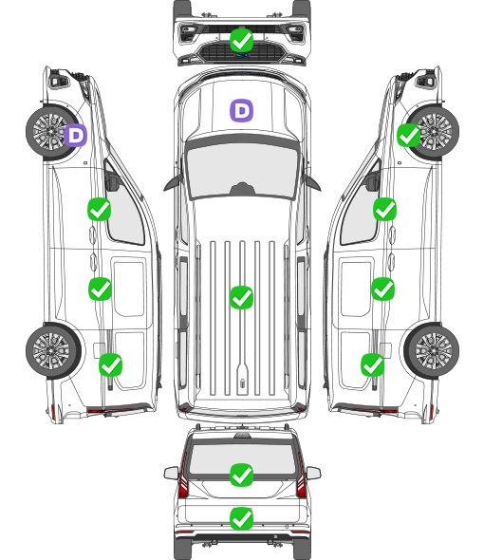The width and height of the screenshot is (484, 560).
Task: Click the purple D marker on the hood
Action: tap(241, 110)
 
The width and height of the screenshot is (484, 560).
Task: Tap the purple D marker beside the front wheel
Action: tap(76, 135)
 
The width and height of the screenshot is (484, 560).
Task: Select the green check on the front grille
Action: tap(241, 40)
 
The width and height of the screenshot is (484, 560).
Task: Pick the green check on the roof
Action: tap(241, 297)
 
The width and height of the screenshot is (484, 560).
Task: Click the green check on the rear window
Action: tap(241, 475)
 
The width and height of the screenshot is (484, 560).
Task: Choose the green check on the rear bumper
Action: tap(241, 518)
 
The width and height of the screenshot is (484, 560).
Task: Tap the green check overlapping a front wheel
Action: tap(409, 136)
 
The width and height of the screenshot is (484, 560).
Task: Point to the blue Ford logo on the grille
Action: tap(241, 55)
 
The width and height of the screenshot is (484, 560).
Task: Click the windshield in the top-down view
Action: tap(242, 171)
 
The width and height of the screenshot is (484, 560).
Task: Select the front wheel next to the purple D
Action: tap(51, 131)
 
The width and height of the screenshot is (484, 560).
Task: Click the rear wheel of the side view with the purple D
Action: tap(53, 350)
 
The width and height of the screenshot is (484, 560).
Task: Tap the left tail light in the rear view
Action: tap(183, 476)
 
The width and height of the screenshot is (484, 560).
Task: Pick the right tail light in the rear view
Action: tap(301, 476)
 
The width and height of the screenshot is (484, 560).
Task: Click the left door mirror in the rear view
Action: tap(171, 474)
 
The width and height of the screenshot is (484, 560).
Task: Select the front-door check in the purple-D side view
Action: tap(100, 209)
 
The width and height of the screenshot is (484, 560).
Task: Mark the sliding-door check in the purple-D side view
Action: tap(100, 289)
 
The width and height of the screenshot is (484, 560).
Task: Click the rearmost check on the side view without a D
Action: tap(373, 364)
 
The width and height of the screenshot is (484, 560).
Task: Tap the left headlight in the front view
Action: tap(188, 33)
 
